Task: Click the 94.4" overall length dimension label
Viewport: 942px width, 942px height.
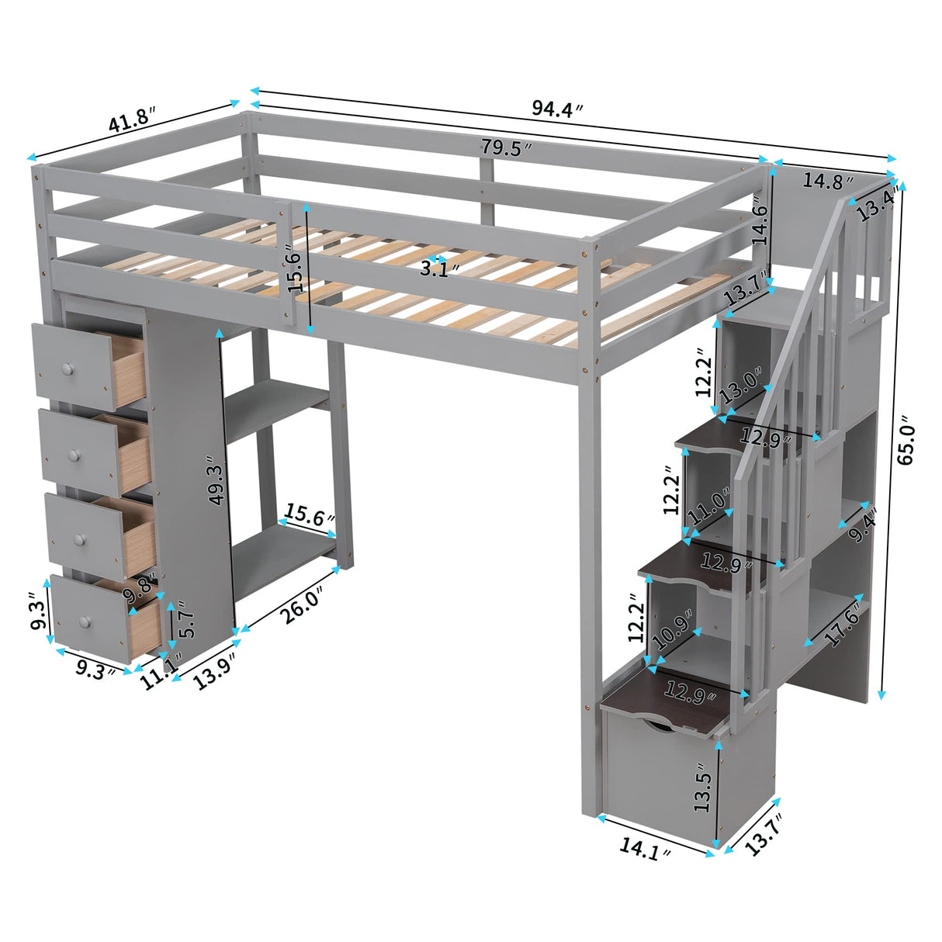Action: pos(557,109)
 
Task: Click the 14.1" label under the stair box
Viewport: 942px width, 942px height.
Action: pos(645,850)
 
